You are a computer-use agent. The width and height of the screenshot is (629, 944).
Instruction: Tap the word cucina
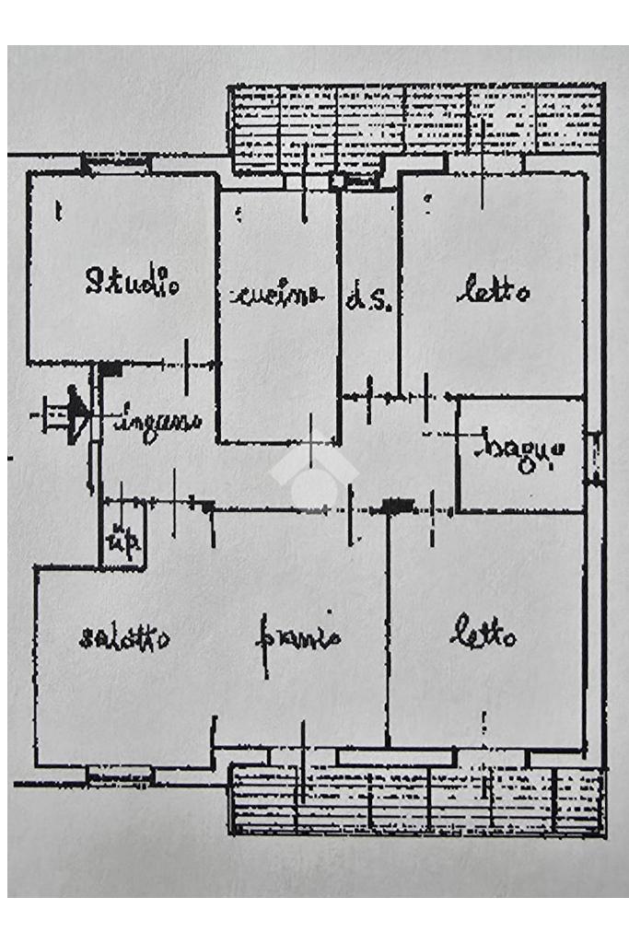click(x=277, y=295)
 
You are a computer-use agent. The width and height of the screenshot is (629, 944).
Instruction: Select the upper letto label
click(x=494, y=292)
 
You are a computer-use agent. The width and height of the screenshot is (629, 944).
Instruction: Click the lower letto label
click(x=483, y=635)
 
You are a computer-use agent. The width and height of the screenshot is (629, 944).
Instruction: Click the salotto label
click(x=123, y=637)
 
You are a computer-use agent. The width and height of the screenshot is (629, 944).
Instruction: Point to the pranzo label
click(x=297, y=637)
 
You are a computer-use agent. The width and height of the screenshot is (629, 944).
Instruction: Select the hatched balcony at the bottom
click(x=414, y=799)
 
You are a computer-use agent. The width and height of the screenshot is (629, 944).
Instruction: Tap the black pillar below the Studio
click(x=110, y=368)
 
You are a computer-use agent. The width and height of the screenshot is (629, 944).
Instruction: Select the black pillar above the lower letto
click(x=398, y=505)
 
